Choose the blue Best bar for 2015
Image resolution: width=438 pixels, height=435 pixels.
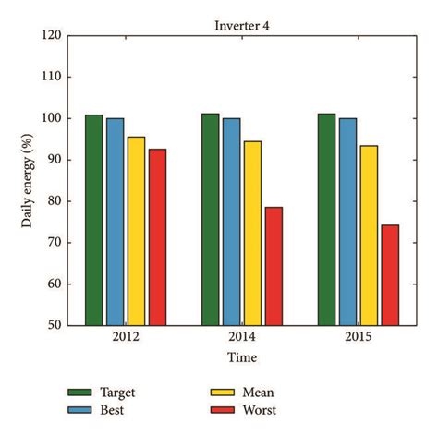347,221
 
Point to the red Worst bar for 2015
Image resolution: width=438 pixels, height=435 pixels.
389,274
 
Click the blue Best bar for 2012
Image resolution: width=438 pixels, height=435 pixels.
115,221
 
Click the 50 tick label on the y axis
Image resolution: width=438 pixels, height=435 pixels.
54,325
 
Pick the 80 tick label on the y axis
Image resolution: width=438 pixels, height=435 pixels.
54,201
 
